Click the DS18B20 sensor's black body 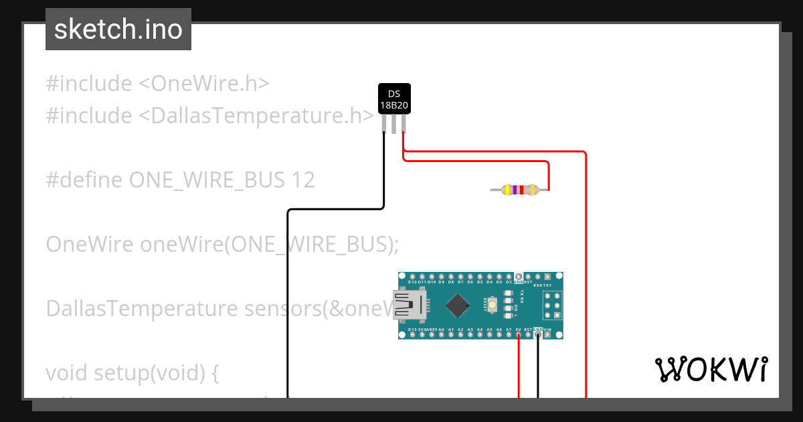click(394, 99)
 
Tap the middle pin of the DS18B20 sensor click(394, 124)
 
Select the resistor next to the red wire click(519, 190)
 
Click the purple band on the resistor click(514, 190)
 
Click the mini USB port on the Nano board click(409, 305)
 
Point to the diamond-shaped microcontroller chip click(457, 305)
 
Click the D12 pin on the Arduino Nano click(413, 277)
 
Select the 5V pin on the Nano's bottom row click(519, 335)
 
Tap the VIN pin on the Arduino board click(548, 335)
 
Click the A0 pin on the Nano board click(442, 335)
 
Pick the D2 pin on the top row click(509, 277)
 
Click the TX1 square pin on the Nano click(548, 277)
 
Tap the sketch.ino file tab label click(118, 29)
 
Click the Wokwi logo click(711, 369)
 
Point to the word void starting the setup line click(67, 373)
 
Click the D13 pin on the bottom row click(413, 335)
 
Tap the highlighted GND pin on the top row click(519, 277)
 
